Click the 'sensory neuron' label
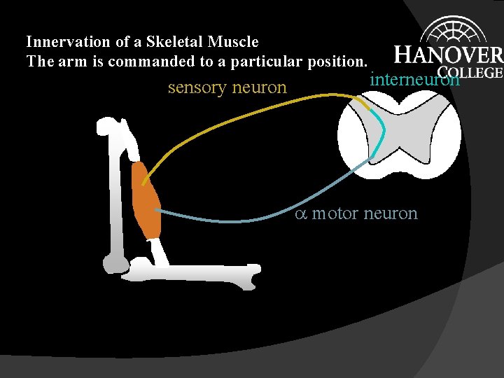[x=227, y=87]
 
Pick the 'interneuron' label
[x=414, y=78]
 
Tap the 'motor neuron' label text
[x=365, y=213]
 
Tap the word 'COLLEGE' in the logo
[x=470, y=71]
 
